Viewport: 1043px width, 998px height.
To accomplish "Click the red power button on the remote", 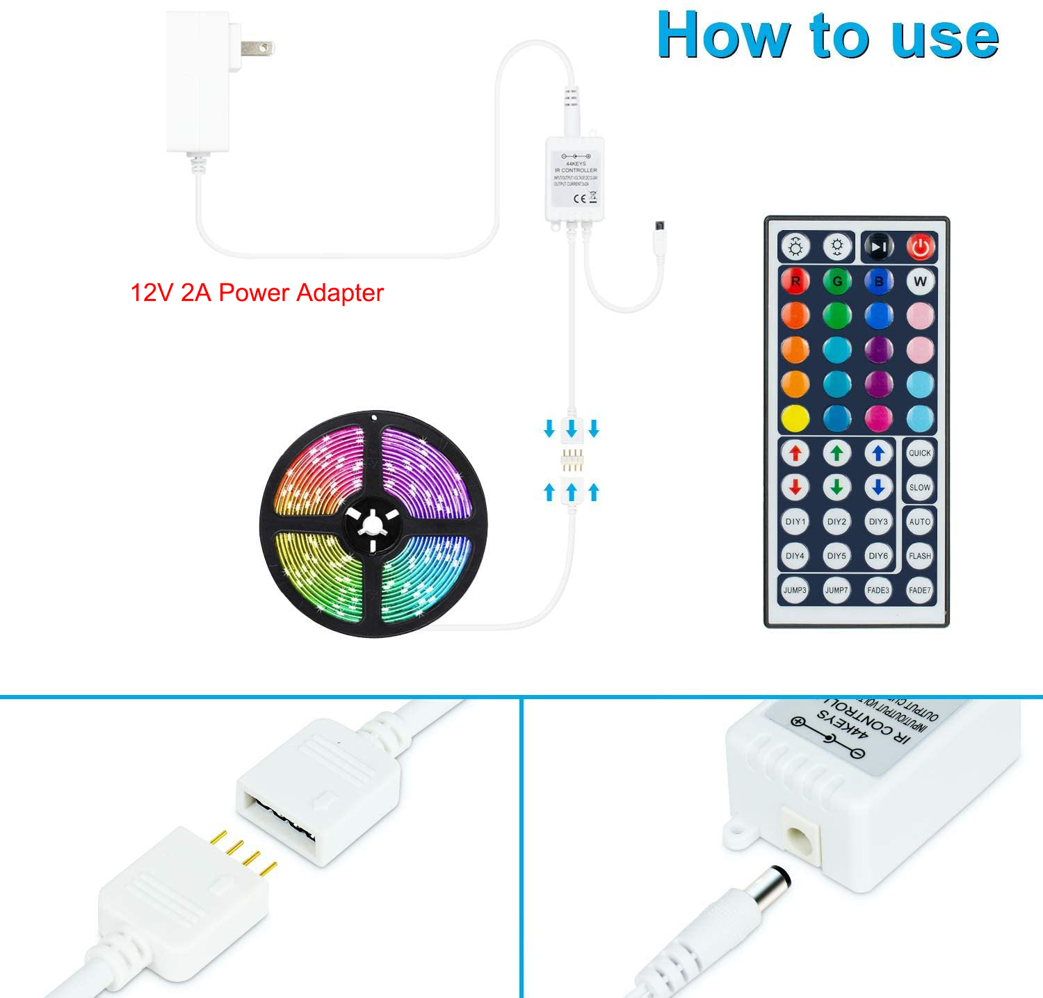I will click(x=920, y=247).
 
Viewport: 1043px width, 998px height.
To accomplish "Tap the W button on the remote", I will click(x=920, y=281).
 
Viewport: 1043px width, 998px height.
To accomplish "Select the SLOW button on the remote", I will click(x=920, y=487).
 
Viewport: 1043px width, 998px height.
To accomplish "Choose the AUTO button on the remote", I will click(x=920, y=521).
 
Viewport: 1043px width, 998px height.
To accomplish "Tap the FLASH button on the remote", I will click(x=920, y=556).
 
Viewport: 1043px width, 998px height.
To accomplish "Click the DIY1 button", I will click(x=795, y=521).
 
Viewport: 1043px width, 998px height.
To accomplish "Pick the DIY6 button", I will click(x=878, y=556).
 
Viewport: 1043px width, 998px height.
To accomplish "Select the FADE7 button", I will click(x=920, y=590).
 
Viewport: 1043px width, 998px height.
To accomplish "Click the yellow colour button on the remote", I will click(x=795, y=418).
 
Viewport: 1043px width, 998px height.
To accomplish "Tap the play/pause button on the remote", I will click(x=878, y=247).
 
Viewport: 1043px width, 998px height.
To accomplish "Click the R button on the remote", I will click(x=795, y=281).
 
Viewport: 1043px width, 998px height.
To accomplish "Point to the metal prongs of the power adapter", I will click(x=257, y=49).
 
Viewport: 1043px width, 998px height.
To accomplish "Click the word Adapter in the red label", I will click(x=340, y=293).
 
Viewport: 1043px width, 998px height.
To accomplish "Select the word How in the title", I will click(x=723, y=36).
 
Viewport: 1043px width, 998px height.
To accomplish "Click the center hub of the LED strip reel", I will click(x=373, y=523).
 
